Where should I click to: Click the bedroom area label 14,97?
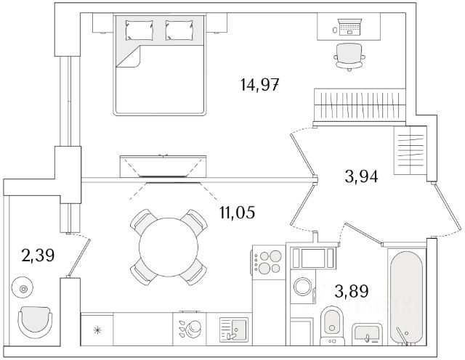pos(259,84)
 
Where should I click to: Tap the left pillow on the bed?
pos(139,30)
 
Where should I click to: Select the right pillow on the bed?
pos(178,30)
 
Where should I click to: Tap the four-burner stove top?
pos(267,261)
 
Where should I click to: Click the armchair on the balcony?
pos(36,320)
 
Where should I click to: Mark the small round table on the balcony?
pos(25,289)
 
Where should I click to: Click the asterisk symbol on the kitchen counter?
pos(98,331)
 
